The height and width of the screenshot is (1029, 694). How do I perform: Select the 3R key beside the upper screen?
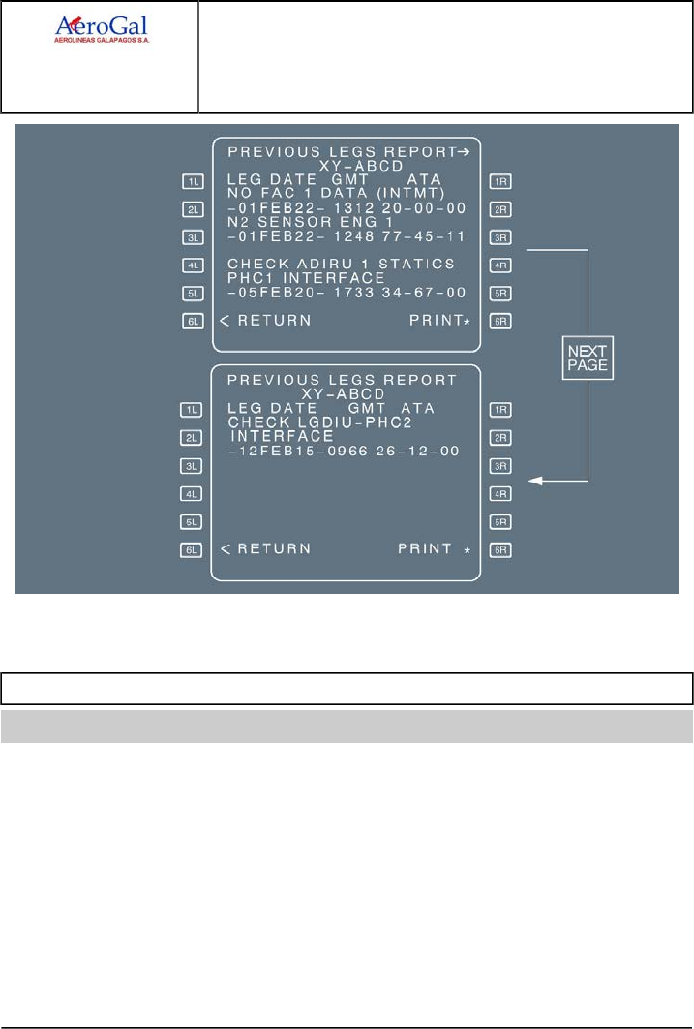(x=500, y=236)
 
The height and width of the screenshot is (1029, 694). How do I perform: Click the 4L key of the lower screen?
(x=191, y=494)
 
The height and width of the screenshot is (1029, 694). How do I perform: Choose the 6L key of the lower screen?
(x=191, y=550)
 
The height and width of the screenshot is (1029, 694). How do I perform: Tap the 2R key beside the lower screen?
(x=500, y=438)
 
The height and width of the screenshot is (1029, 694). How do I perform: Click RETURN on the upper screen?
(x=267, y=320)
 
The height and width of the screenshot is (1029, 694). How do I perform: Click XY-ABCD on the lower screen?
(x=346, y=395)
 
